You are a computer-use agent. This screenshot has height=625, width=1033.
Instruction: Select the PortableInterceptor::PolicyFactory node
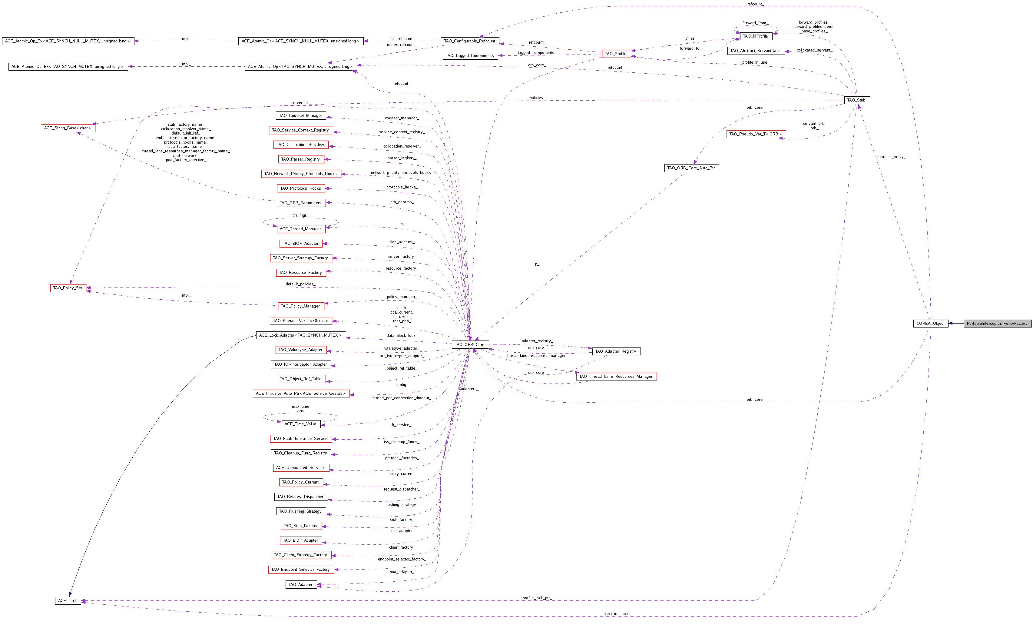click(x=997, y=323)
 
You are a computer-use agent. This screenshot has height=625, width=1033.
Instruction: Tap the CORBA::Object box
click(x=931, y=323)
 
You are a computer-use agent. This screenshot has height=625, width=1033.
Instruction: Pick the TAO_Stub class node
click(x=856, y=100)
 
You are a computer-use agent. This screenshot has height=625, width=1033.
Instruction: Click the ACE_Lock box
click(x=68, y=601)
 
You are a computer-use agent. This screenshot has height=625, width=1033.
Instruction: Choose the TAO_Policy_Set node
click(x=68, y=288)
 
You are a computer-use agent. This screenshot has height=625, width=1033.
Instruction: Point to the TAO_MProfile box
click(x=756, y=36)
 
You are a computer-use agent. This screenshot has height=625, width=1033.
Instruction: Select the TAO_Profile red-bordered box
click(x=616, y=54)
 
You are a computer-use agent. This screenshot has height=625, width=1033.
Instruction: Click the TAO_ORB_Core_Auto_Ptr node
click(x=691, y=168)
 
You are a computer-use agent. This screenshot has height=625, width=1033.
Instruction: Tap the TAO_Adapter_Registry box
click(x=616, y=351)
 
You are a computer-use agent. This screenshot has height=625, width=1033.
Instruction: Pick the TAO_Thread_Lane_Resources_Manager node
click(x=616, y=376)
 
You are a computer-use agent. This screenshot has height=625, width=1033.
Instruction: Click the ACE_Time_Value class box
click(x=301, y=424)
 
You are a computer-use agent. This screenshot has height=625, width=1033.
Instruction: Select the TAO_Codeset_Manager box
click(x=301, y=115)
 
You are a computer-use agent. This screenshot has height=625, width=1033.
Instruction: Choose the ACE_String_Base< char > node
click(x=68, y=128)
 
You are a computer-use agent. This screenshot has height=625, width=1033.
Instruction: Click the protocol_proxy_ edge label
click(x=891, y=157)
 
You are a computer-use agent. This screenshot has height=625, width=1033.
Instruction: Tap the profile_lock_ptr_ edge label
click(x=537, y=598)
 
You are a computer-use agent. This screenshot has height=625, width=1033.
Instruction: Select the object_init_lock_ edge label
click(x=616, y=614)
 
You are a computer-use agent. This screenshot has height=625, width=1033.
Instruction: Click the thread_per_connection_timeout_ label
click(x=402, y=398)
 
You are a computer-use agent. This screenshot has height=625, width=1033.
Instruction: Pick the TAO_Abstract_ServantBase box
click(x=756, y=51)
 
